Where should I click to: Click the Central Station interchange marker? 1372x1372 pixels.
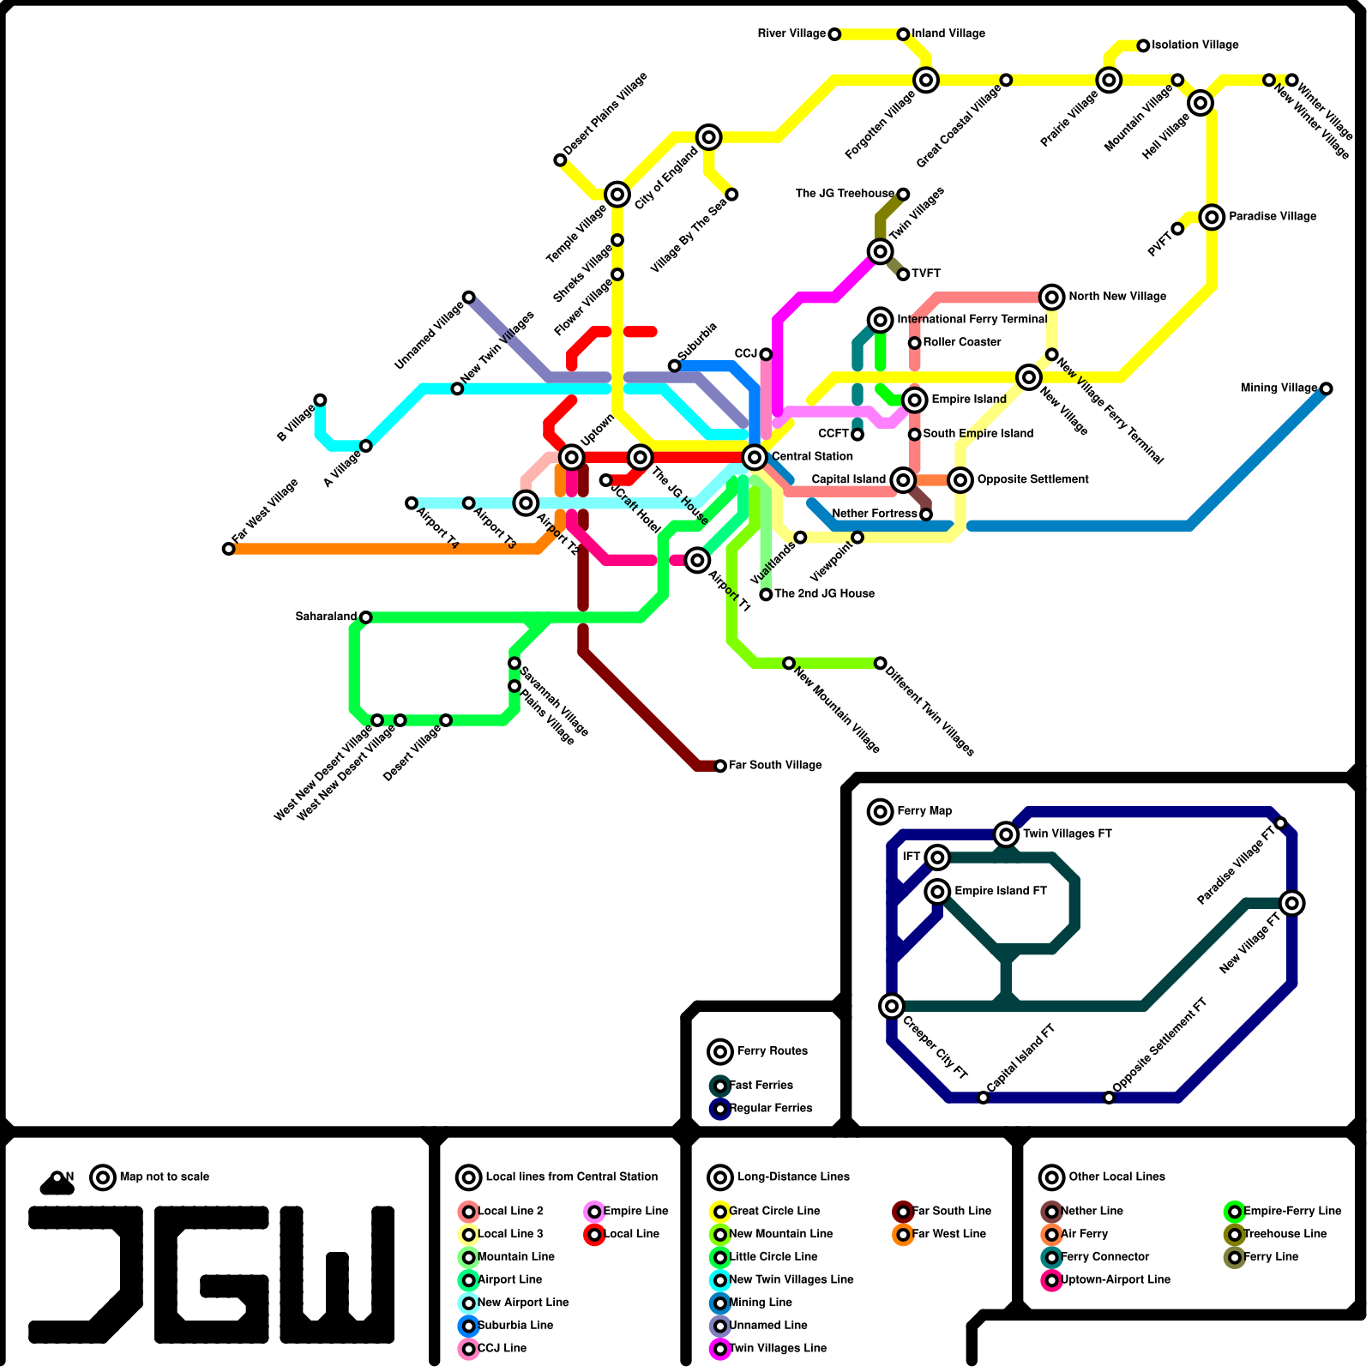click(755, 457)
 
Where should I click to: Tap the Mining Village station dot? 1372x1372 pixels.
click(1327, 388)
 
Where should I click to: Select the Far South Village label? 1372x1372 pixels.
click(775, 765)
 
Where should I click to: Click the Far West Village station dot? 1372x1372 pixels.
click(228, 549)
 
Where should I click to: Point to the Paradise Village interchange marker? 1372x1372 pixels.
click(1212, 217)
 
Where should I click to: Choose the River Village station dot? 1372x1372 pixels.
click(834, 34)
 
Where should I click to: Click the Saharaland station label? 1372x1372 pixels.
click(326, 617)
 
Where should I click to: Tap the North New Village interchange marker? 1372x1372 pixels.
click(1052, 297)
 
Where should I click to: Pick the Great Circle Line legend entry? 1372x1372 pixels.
click(774, 1211)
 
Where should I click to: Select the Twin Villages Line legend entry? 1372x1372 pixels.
click(778, 1348)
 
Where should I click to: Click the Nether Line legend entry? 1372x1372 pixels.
click(1092, 1211)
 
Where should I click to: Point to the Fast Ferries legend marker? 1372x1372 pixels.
click(720, 1086)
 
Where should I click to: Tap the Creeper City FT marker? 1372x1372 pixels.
click(892, 1005)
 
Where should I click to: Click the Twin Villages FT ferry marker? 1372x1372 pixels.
click(1006, 833)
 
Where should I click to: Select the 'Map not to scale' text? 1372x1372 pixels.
click(165, 1176)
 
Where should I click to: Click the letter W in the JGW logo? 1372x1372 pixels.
click(337, 1274)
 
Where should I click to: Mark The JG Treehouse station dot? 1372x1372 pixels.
click(903, 195)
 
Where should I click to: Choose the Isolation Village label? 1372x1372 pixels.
click(1194, 45)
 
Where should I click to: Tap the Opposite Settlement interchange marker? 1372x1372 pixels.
click(960, 480)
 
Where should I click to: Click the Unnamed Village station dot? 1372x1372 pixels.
click(469, 298)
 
